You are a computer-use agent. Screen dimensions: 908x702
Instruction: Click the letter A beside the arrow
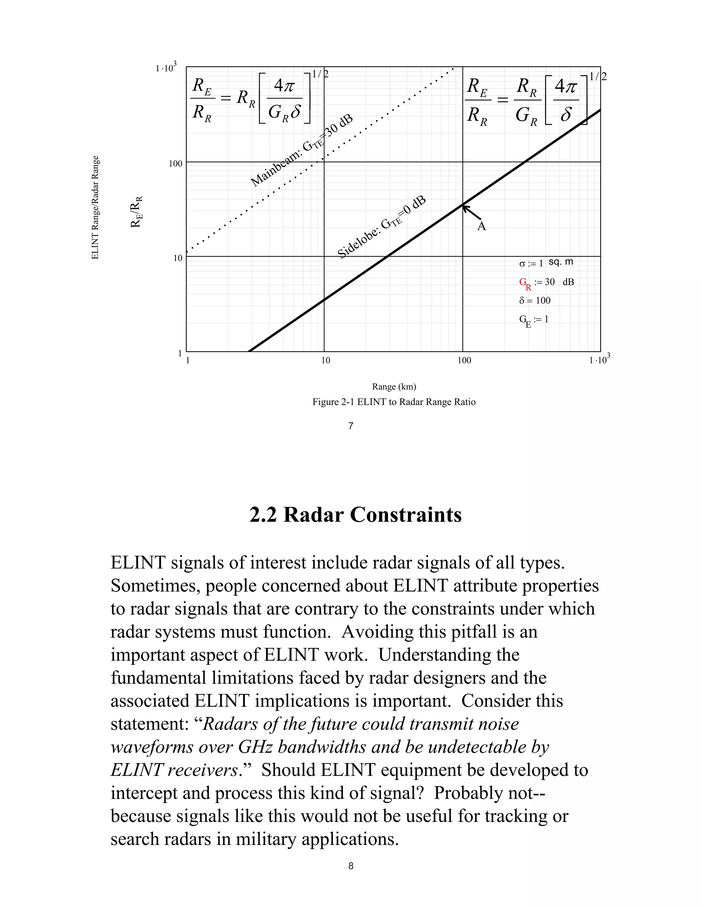pyautogui.click(x=481, y=226)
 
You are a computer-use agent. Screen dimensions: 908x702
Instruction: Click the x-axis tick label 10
pyautogui.click(x=326, y=360)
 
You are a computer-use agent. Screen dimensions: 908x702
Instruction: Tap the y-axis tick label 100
pyautogui.click(x=175, y=164)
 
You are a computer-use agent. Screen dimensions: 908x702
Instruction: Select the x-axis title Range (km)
pyautogui.click(x=394, y=386)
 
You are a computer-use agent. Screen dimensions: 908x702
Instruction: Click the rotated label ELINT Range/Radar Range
pyautogui.click(x=95, y=207)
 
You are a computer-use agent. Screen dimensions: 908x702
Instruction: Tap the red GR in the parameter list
pyautogui.click(x=524, y=283)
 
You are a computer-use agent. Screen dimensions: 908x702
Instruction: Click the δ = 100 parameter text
pyautogui.click(x=534, y=300)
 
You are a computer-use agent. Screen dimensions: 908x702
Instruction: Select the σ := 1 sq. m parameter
pyautogui.click(x=546, y=263)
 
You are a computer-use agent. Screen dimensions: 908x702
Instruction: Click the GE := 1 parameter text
pyautogui.click(x=534, y=320)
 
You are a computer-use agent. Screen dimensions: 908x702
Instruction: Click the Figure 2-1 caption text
pyautogui.click(x=394, y=402)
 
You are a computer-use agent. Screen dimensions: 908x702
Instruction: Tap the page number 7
pyautogui.click(x=351, y=426)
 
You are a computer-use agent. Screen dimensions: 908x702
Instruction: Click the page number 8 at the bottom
pyautogui.click(x=351, y=866)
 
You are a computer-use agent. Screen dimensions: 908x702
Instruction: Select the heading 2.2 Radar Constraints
pyautogui.click(x=355, y=515)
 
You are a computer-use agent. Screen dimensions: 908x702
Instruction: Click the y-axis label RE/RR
pyautogui.click(x=137, y=212)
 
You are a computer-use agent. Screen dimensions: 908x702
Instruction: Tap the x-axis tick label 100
pyautogui.click(x=464, y=360)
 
